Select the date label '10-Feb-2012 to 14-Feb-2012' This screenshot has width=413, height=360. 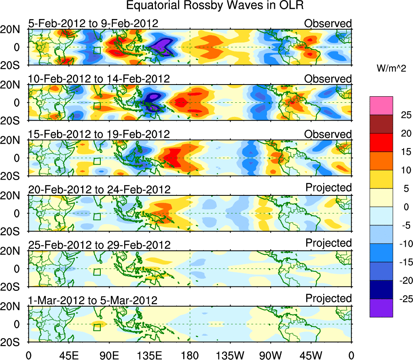pyautogui.click(x=99, y=78)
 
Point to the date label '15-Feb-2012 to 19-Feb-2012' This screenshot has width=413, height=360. pyautogui.click(x=99, y=134)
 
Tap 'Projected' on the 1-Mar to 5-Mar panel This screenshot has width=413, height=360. pyautogui.click(x=328, y=299)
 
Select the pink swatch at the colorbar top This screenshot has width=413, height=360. pyautogui.click(x=381, y=106)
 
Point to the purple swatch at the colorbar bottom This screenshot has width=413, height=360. pyautogui.click(x=381, y=308)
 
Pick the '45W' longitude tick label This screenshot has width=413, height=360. pyautogui.click(x=311, y=355)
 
